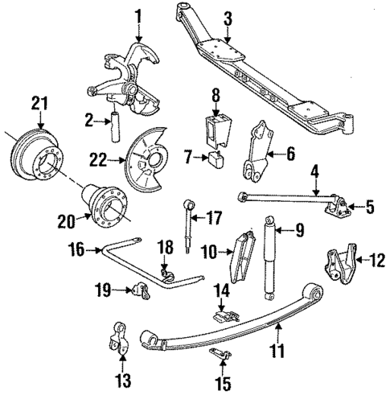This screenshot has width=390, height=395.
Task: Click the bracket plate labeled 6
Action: [258, 150]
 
